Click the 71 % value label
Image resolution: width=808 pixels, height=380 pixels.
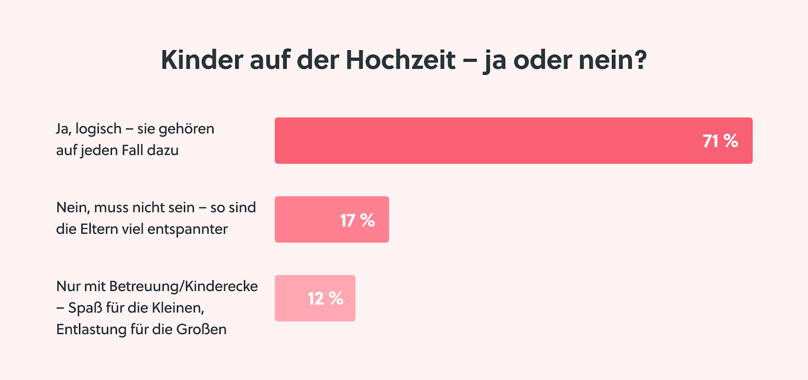pos(720,141)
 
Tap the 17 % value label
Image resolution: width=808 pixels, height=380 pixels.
pos(358,221)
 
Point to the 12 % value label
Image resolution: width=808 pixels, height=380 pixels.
pos(325,299)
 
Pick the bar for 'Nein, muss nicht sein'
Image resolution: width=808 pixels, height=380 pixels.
pos(306,219)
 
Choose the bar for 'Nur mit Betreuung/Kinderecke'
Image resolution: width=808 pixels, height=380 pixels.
pos(289,298)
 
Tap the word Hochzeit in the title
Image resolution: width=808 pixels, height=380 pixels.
pos(401,61)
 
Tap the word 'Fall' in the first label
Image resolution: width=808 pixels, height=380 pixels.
pos(130,150)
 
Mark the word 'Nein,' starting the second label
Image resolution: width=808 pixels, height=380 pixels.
pos(72,208)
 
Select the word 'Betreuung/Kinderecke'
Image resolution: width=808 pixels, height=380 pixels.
pos(183,286)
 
